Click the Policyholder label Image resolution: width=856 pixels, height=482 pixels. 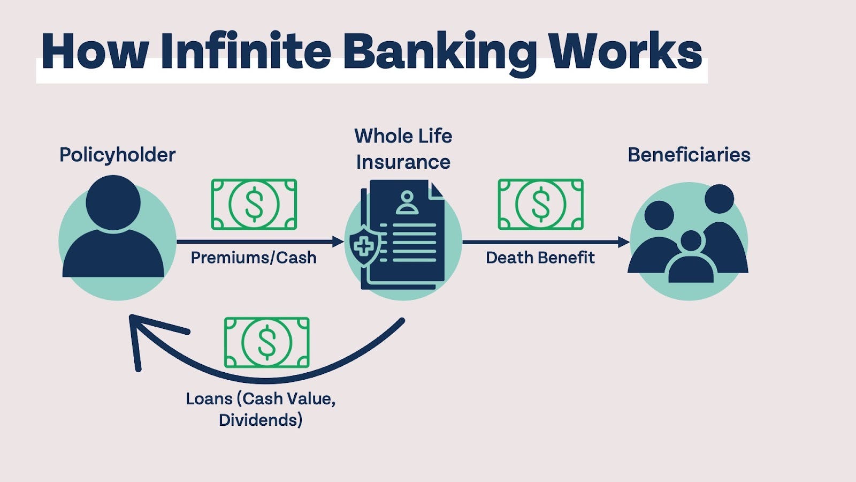(117, 155)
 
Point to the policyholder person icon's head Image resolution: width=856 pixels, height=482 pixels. (113, 202)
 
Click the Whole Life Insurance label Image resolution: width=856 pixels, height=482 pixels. (403, 149)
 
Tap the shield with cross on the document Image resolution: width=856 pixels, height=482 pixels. (364, 246)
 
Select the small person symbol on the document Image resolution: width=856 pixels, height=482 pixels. (407, 202)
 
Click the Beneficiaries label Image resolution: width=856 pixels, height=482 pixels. (689, 155)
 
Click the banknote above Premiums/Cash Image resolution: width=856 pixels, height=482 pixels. (254, 205)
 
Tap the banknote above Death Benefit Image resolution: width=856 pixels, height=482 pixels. (540, 205)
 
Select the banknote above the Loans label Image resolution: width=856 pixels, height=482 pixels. (266, 342)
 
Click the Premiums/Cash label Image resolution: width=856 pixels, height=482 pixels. (253, 258)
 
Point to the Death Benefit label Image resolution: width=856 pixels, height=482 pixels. (540, 258)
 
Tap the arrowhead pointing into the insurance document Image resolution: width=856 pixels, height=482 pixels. (338, 242)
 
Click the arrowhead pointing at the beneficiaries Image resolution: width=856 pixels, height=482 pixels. (623, 242)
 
